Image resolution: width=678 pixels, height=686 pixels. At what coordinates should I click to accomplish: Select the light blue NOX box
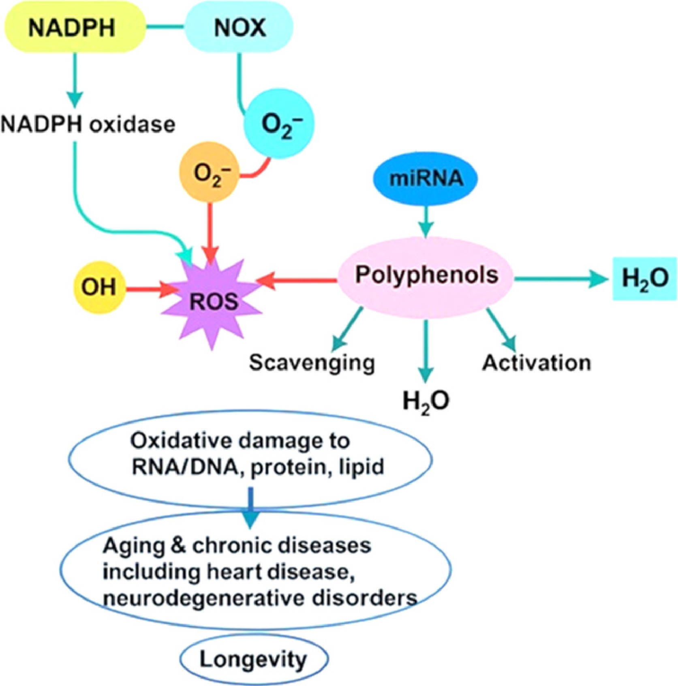(239, 28)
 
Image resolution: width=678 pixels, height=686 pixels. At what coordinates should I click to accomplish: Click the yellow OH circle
(98, 287)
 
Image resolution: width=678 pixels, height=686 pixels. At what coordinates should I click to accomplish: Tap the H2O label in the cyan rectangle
(644, 279)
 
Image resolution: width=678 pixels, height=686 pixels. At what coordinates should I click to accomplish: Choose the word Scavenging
(312, 362)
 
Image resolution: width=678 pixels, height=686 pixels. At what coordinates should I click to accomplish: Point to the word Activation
(536, 362)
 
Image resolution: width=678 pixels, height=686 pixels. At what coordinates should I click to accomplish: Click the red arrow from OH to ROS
(150, 289)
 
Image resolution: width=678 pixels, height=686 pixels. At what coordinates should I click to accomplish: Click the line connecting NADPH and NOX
(165, 28)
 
